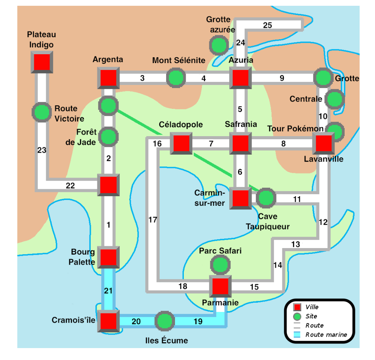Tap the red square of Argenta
click(x=108, y=78)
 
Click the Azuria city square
click(x=240, y=78)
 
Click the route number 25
click(x=268, y=26)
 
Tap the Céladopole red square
click(x=181, y=144)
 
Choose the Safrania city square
click(x=240, y=144)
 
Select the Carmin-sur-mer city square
click(x=240, y=198)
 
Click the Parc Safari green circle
click(x=220, y=265)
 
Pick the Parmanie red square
click(x=220, y=286)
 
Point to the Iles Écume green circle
click(x=165, y=321)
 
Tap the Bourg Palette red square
click(x=108, y=257)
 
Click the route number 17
click(x=153, y=220)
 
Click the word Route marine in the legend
click(x=326, y=335)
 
